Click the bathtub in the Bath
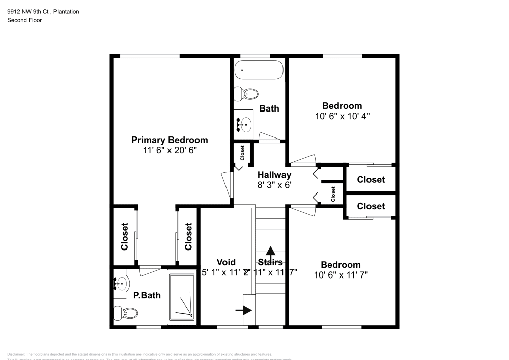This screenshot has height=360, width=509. (x=259, y=70)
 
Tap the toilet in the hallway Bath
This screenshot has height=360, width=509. (x=245, y=93)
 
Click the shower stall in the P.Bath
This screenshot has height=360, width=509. (x=182, y=298)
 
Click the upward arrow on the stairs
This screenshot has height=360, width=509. (x=271, y=251)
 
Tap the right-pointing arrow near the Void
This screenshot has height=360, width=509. (x=244, y=310)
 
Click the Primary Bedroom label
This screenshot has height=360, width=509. (x=169, y=140)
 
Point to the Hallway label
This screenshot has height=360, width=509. (x=274, y=175)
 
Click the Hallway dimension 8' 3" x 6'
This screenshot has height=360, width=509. (x=274, y=185)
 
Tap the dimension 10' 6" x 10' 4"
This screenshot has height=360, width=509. (x=342, y=116)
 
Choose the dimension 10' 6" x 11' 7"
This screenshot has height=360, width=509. (x=341, y=275)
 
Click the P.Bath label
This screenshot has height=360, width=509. (x=144, y=295)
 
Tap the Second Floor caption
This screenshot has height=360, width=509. (x=24, y=20)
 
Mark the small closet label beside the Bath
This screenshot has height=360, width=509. (x=242, y=151)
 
